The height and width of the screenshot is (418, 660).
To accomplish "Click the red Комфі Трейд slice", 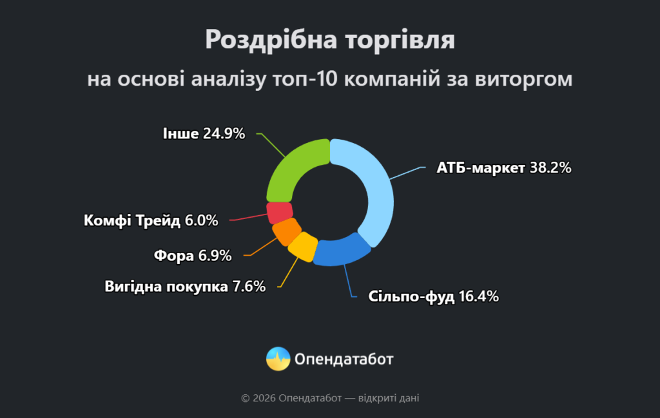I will click(280, 212).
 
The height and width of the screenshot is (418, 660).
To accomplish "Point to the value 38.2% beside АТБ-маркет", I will click(550, 168).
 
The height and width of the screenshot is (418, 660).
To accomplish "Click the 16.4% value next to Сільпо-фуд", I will click(479, 297).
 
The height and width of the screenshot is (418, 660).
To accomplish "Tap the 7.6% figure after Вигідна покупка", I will click(249, 287).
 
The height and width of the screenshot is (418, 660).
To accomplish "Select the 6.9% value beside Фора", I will click(215, 256).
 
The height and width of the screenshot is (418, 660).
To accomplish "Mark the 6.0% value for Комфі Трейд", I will click(201, 221).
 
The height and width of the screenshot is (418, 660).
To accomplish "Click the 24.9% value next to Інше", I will click(224, 134).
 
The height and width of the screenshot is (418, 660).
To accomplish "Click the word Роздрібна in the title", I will click(262, 40).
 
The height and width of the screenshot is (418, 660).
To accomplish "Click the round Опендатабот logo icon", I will click(278, 359).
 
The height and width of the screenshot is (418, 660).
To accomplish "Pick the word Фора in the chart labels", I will click(174, 256).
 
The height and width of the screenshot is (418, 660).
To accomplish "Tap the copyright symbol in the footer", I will click(245, 399).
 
